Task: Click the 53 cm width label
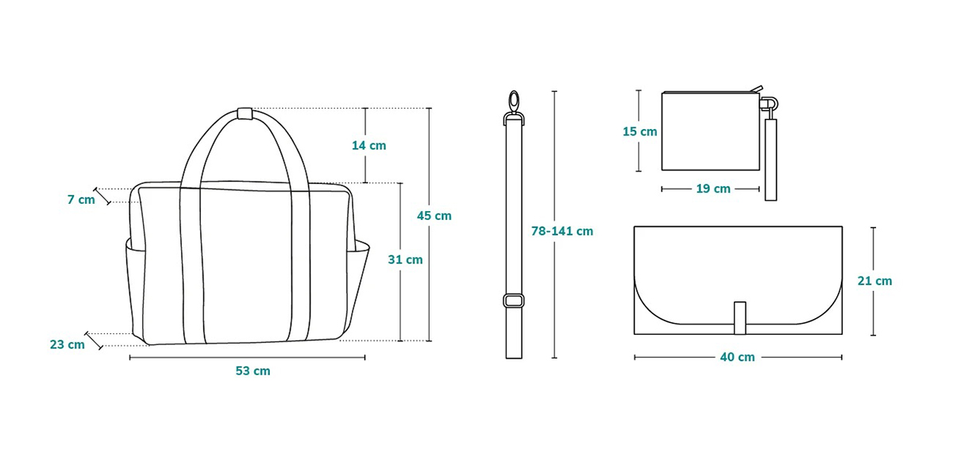click(x=253, y=371)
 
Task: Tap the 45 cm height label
click(x=434, y=216)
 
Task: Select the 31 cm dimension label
click(x=405, y=259)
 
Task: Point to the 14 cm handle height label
click(x=368, y=146)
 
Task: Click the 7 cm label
click(x=81, y=199)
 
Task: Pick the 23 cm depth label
click(x=68, y=344)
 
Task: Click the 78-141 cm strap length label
click(x=562, y=231)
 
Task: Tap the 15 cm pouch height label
click(x=640, y=132)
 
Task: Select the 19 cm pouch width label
click(x=713, y=189)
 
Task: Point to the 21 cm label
click(x=874, y=281)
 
